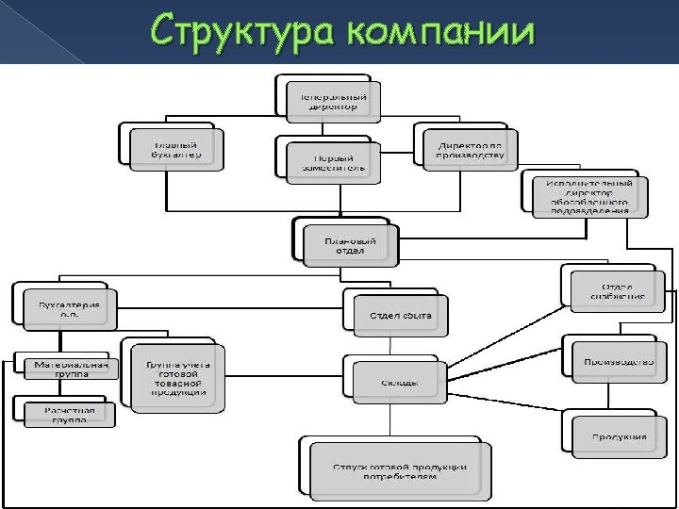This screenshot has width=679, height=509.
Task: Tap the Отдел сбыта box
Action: pyautogui.click(x=400, y=315)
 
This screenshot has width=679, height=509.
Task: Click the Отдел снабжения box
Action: pyautogui.click(x=619, y=289)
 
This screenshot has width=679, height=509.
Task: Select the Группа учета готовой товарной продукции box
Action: pyautogui.click(x=179, y=375)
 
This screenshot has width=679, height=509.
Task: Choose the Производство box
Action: pyautogui.click(x=619, y=361)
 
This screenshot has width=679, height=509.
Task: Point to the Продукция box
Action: pyautogui.click(x=619, y=435)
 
